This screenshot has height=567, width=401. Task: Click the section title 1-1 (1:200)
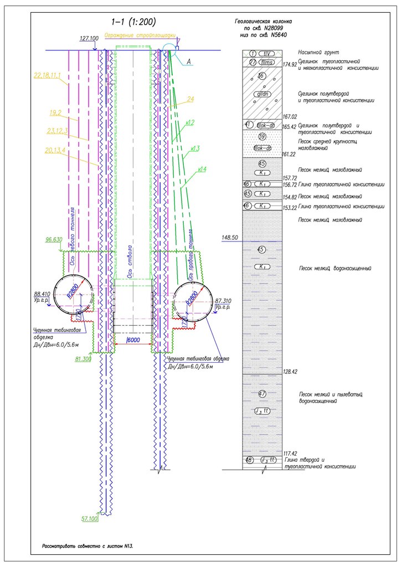coord(133,22)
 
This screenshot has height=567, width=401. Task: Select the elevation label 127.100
coord(89,39)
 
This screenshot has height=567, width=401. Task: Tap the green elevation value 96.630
coord(53,240)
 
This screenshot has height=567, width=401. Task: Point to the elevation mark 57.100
coord(89,519)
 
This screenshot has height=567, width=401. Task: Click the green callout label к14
coord(199,169)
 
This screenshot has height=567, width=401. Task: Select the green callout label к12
coord(189,122)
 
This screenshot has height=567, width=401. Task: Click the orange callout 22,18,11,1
coord(47,74)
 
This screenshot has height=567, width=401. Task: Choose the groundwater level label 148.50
coord(229,238)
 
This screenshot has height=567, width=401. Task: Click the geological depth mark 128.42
coord(290,372)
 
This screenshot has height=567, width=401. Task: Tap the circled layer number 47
coord(263,394)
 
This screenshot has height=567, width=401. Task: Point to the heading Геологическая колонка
coord(263,22)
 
